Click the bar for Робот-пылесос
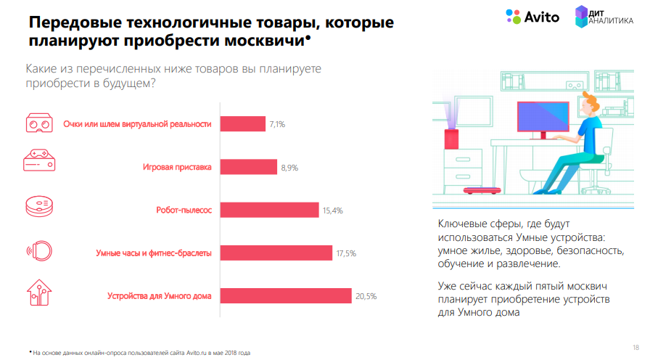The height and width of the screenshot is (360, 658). coord(269,210)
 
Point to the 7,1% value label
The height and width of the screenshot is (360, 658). coord(277,125)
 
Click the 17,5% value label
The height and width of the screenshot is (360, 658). coord(345,253)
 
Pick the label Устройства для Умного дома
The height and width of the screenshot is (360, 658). coord(159,296)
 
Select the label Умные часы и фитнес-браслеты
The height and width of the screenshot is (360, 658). coord(154,253)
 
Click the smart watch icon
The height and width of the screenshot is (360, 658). coord(40,251)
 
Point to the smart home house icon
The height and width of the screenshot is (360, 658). coord(39,294)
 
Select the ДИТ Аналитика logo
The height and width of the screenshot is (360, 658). coord(604,17)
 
